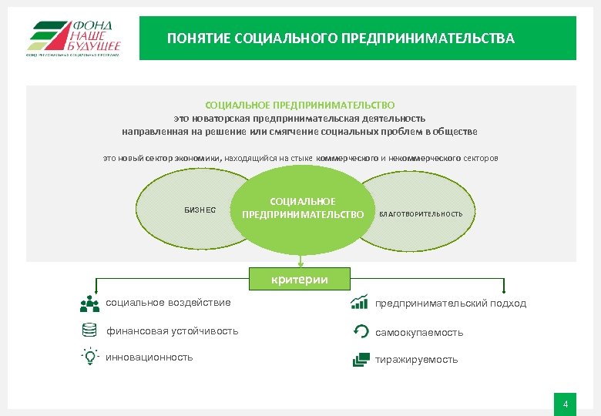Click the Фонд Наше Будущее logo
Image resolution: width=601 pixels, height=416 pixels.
tap(73, 38)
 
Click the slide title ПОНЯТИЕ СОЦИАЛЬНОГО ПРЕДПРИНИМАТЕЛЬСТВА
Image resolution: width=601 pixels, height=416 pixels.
tap(341, 39)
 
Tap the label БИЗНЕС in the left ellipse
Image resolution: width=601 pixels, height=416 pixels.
tap(200, 210)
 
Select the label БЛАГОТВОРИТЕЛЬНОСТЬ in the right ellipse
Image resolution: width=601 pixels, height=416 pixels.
tap(421, 213)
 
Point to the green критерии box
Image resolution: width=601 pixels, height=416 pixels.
tap(299, 279)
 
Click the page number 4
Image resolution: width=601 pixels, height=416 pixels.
tap(566, 404)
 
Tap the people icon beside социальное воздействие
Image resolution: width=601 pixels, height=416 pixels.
tap(89, 304)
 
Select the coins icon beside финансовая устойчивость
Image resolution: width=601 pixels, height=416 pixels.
tap(89, 330)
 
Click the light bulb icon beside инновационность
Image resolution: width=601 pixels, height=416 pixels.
tap(89, 357)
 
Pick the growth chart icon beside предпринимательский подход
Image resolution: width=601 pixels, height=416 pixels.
tap(359, 302)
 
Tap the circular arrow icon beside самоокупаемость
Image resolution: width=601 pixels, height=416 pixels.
tap(359, 331)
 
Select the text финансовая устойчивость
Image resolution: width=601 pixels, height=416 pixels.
tap(172, 331)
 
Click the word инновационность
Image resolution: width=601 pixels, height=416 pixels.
tap(149, 357)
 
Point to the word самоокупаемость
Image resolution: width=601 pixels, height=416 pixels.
tap(419, 333)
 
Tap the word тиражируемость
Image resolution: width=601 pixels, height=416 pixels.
tap(416, 360)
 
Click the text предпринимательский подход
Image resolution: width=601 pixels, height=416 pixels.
tap(451, 304)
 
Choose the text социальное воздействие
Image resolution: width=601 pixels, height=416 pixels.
tap(168, 302)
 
